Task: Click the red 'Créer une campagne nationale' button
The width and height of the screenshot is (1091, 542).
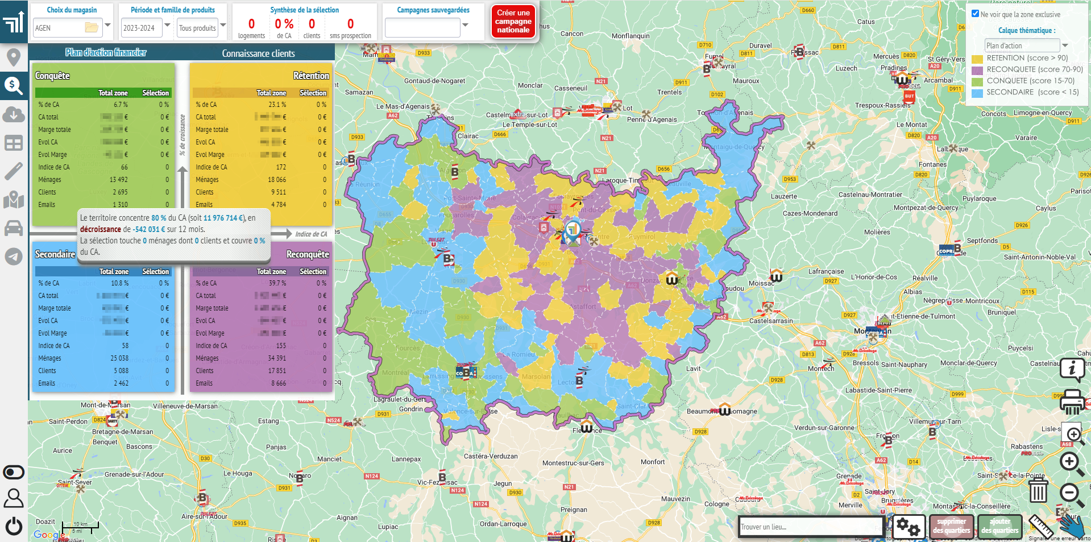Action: [513, 22]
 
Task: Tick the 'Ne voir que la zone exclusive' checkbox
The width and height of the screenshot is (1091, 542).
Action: [976, 14]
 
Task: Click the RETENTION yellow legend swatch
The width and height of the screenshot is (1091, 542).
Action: [977, 59]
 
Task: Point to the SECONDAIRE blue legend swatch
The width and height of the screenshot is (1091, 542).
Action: [977, 93]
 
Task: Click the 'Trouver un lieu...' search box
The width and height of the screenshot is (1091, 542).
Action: [810, 527]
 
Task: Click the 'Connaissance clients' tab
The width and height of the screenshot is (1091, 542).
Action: [258, 53]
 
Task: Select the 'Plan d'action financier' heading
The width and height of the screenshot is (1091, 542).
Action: [106, 52]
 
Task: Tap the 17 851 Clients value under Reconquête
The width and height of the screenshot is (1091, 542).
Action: [277, 371]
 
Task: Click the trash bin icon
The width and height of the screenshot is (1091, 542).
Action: [1038, 490]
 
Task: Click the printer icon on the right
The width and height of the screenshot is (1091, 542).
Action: [1072, 402]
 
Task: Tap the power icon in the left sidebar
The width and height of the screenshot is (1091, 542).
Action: [14, 526]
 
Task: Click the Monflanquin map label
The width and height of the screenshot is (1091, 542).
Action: [630, 36]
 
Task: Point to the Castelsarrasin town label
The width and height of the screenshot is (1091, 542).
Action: [770, 321]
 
